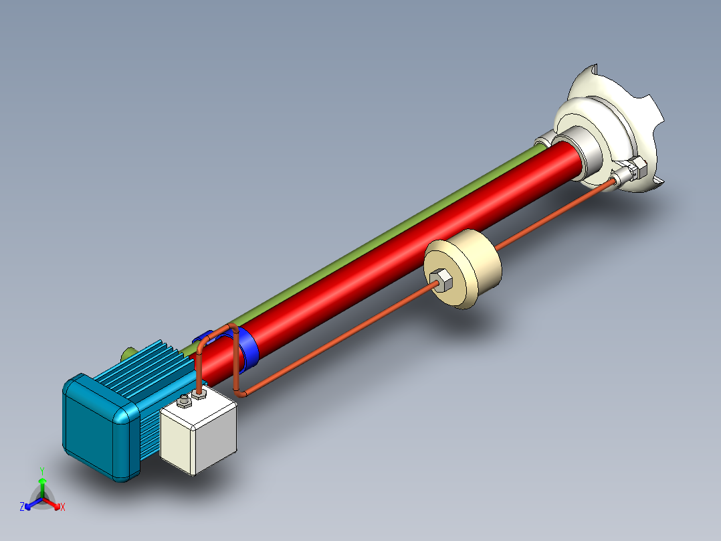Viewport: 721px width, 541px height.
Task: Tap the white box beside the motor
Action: pyautogui.click(x=199, y=433)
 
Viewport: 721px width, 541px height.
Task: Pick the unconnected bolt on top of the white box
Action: pyautogui.click(x=183, y=402)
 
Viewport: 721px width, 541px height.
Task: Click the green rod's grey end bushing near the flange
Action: pyautogui.click(x=542, y=143)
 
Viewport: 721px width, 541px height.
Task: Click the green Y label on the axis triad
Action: pyautogui.click(x=42, y=471)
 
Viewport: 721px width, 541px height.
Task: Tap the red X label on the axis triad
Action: pyautogui.click(x=62, y=508)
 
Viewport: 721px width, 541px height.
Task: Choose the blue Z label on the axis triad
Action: pyautogui.click(x=22, y=508)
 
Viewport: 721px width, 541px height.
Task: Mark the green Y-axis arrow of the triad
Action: pyautogui.click(x=42, y=485)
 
